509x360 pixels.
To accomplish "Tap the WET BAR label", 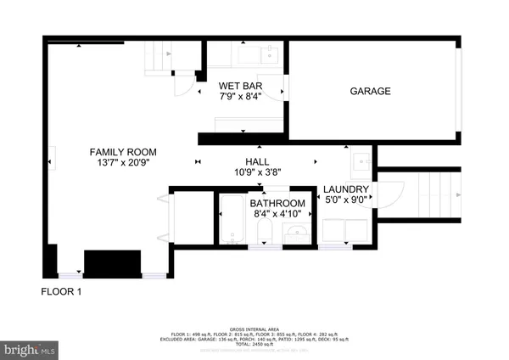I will tap(240, 87).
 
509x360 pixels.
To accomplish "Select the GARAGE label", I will tap(371, 92).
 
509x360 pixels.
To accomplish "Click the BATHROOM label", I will tap(277, 204).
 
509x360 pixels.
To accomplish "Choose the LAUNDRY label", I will tap(346, 190).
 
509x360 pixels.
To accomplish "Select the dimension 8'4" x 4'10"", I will tap(277, 215).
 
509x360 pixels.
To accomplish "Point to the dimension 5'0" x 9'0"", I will tap(346, 201).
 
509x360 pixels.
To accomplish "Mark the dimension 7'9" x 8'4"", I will tap(240, 98).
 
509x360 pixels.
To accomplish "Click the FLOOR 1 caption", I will tap(61, 292).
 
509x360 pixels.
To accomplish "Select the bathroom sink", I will tap(294, 232).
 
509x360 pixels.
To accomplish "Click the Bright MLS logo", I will tap(30, 348).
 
